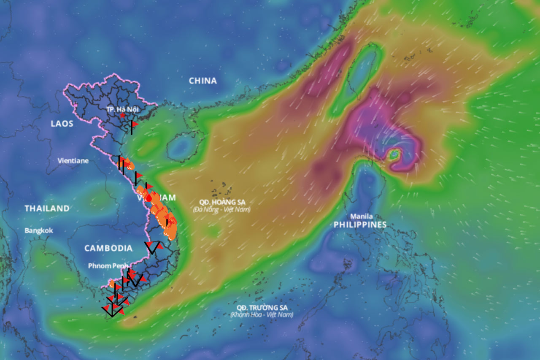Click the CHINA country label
pyautogui.click(x=202, y=81)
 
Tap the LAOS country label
pyautogui.click(x=62, y=124)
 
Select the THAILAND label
pyautogui.click(x=47, y=208)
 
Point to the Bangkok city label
pyautogui.click(x=39, y=230)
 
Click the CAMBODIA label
pyautogui.click(x=108, y=248)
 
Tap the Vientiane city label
pyautogui.click(x=73, y=160)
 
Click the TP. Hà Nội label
pyautogui.click(x=122, y=109)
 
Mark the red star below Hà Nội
pyautogui.click(x=122, y=115)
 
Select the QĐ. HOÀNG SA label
pyautogui.click(x=222, y=202)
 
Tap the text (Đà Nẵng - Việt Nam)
pyautogui.click(x=221, y=209)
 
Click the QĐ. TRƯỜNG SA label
pyautogui.click(x=262, y=307)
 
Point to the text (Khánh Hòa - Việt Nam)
pyautogui.click(x=262, y=315)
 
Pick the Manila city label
pyautogui.click(x=361, y=216)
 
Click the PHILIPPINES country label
pyautogui.click(x=360, y=225)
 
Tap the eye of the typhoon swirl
pyautogui.click(x=394, y=155)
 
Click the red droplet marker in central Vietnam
pyautogui.click(x=149, y=198)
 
